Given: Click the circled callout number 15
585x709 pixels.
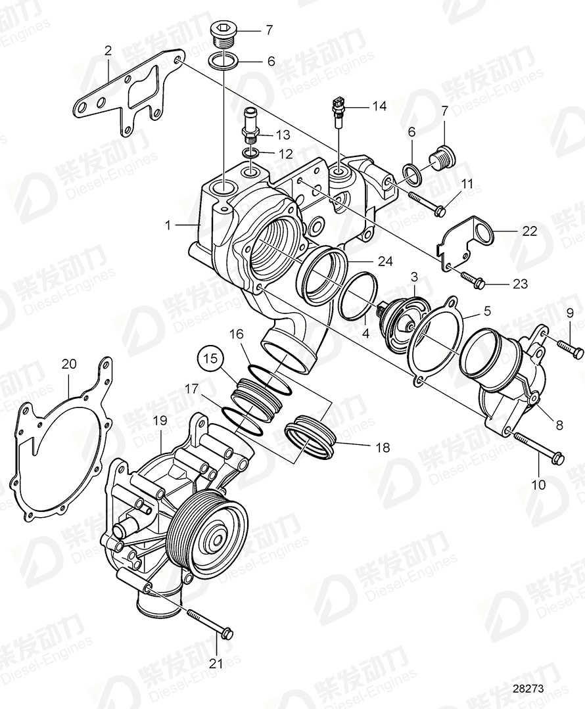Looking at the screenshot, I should (x=210, y=360).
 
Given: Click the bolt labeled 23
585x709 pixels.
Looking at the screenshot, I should (x=472, y=280).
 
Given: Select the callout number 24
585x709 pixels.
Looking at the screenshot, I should (x=385, y=262).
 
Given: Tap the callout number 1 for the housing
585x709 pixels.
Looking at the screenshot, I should (x=168, y=225).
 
